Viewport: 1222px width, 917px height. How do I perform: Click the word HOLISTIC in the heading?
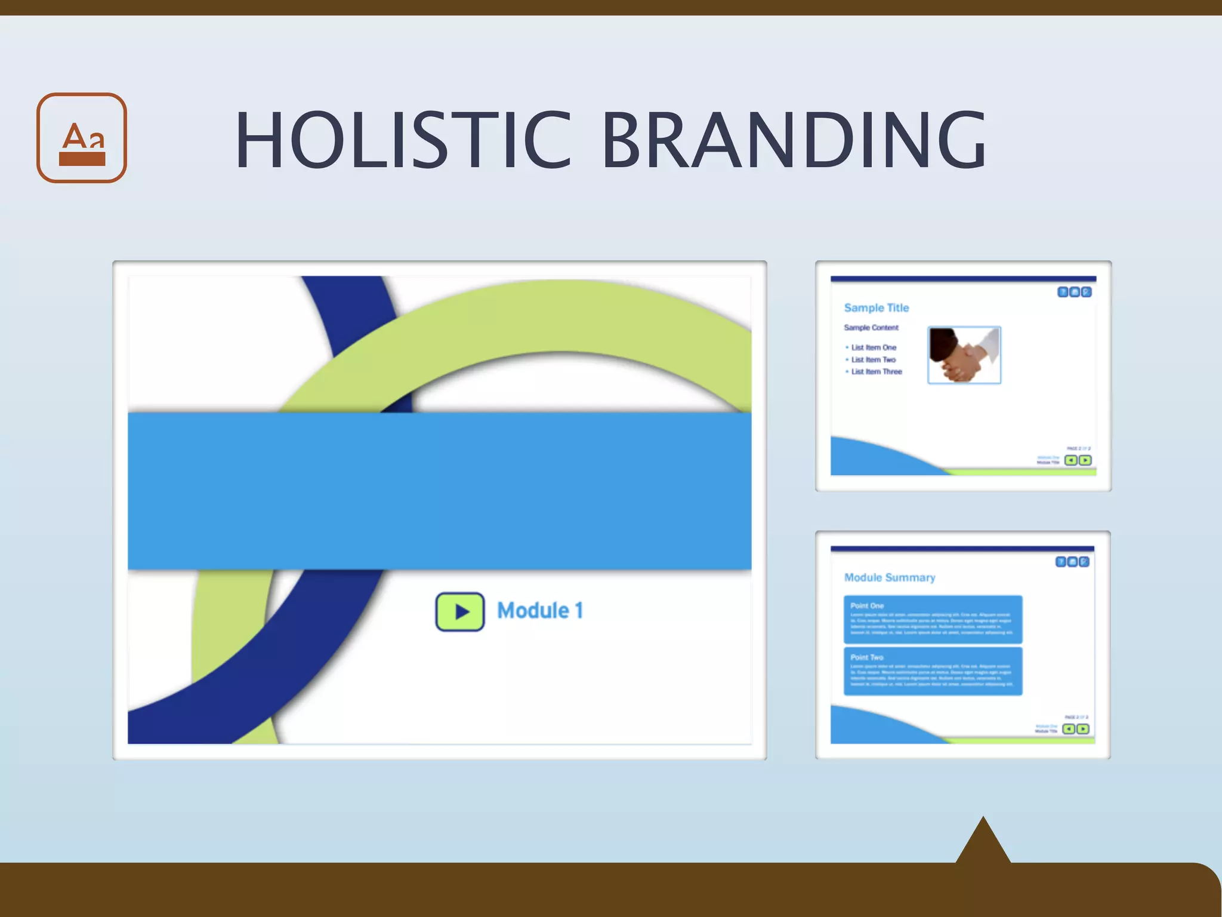coord(403,141)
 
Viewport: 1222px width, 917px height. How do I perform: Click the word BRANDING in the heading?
coord(794,141)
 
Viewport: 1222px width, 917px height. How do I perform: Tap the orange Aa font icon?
coord(82,138)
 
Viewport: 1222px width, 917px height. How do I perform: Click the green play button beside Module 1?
coord(459,611)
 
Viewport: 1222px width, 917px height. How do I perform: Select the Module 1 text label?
coord(540,611)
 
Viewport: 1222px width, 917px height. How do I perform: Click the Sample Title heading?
coord(876,307)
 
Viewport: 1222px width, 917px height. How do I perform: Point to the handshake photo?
coord(964,355)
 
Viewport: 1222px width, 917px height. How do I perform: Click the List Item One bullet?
coord(873,347)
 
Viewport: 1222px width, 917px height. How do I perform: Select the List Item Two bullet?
coord(873,359)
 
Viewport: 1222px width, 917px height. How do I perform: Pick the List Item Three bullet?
coord(876,371)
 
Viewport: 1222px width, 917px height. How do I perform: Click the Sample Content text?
coord(871,328)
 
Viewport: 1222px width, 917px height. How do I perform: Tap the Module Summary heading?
coord(889,577)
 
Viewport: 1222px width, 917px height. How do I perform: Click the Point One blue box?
coord(932,619)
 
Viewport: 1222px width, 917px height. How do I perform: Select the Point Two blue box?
coord(932,671)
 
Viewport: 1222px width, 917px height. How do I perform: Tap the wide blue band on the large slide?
coord(439,491)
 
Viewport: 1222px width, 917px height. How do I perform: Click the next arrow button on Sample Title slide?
coord(1085,460)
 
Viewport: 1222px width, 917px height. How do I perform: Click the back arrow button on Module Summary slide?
coord(1069,729)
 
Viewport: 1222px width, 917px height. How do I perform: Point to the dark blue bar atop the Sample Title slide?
coord(963,279)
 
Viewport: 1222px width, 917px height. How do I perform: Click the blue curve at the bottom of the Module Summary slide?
coord(877,728)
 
